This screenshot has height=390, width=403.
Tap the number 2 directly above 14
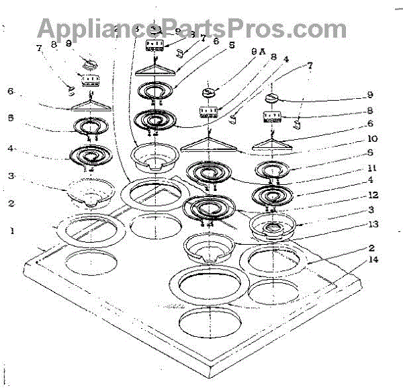tap(371, 247)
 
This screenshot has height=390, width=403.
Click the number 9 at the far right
tap(369, 94)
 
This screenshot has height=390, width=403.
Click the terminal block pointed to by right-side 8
tap(273, 118)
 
